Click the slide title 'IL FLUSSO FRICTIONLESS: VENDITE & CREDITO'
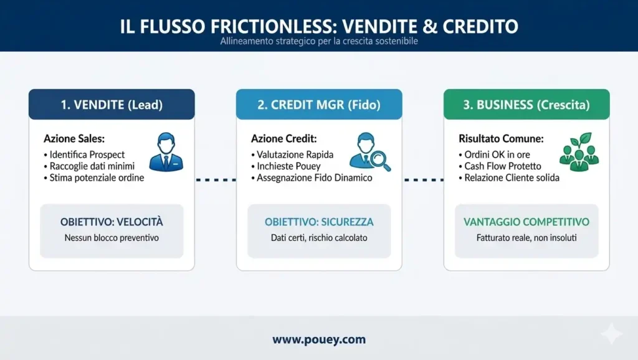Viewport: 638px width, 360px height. click(x=319, y=27)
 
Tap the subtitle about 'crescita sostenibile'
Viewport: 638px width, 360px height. click(x=318, y=42)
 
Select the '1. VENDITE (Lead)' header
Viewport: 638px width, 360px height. click(x=112, y=105)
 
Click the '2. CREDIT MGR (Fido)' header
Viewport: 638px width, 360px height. click(x=319, y=105)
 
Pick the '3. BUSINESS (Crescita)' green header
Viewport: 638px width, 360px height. click(x=526, y=105)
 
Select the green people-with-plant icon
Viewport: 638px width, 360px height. click(x=579, y=151)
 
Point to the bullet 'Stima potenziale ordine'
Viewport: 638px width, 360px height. click(x=93, y=178)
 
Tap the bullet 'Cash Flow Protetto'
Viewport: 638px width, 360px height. click(x=502, y=166)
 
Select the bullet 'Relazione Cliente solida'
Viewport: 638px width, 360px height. click(x=512, y=178)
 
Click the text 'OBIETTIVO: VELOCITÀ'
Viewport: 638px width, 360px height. click(x=112, y=222)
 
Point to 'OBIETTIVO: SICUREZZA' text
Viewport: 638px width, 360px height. click(x=319, y=222)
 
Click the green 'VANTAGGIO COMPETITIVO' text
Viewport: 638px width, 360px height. click(x=526, y=222)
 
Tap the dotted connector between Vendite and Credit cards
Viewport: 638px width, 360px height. click(x=215, y=180)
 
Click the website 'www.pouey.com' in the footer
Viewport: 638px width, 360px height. click(x=319, y=340)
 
